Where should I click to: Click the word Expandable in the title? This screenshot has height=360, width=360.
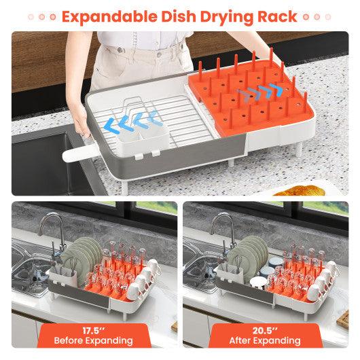109,17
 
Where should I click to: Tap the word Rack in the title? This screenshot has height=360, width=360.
277,17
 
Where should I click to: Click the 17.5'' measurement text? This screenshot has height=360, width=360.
94,331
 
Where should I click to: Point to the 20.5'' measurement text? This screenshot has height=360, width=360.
265,331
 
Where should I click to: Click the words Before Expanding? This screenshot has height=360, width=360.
94,340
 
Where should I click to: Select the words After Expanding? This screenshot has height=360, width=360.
265,340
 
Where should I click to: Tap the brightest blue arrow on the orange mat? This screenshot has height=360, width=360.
276,89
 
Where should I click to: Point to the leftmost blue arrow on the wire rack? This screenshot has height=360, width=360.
111,126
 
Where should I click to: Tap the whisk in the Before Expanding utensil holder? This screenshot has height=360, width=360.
73,268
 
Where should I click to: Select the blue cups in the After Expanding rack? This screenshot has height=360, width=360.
270,266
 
